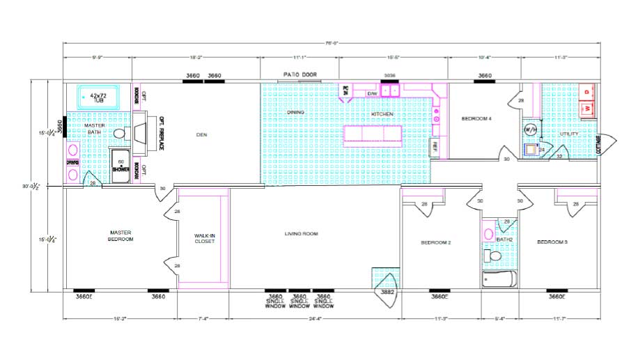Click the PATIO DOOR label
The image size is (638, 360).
(299, 74)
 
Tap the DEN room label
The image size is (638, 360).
(202, 134)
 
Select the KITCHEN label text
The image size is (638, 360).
(382, 114)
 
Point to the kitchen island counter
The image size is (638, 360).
(373, 133)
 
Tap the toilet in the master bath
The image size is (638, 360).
(119, 133)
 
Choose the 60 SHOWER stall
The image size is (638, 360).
(120, 165)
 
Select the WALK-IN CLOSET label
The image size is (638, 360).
(204, 240)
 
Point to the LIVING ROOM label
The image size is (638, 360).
(301, 234)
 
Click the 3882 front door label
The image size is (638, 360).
(388, 292)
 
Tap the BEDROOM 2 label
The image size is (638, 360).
(436, 243)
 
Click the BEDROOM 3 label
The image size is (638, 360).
(552, 242)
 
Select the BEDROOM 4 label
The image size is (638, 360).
(477, 119)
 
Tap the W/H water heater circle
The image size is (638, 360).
(530, 130)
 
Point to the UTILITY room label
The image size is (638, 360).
(569, 134)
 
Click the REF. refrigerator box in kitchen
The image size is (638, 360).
(435, 146)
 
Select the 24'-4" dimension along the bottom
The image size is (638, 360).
(315, 320)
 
